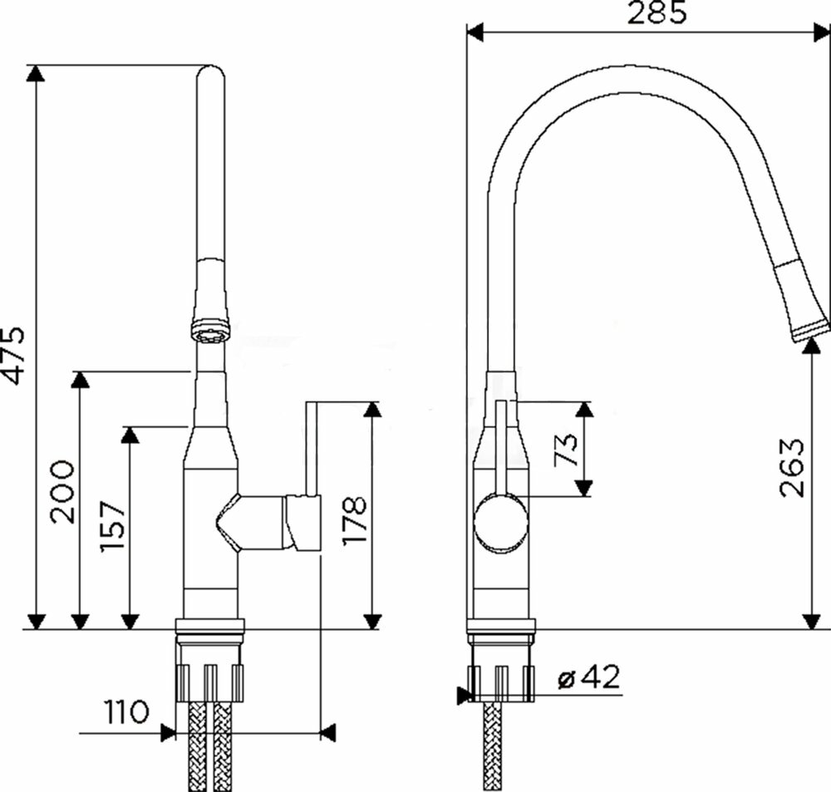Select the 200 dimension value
62,491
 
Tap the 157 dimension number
112,526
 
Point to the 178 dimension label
354,519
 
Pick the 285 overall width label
656,12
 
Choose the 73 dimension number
565,450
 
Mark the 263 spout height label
793,466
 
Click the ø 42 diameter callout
589,677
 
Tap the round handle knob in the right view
501,521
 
